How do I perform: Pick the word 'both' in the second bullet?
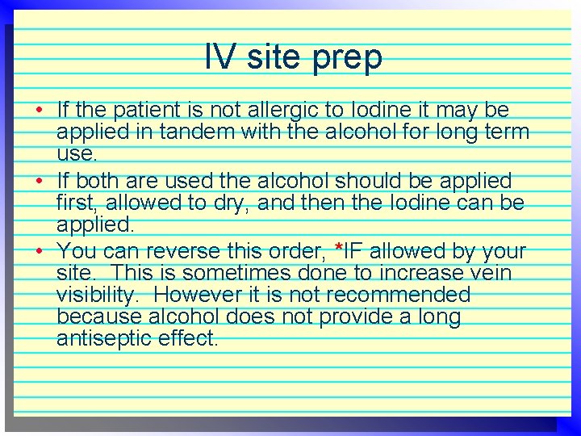point(101,180)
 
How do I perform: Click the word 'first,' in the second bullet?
point(82,203)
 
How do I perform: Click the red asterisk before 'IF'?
point(339,246)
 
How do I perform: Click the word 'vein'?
point(487,274)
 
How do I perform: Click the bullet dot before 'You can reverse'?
point(40,251)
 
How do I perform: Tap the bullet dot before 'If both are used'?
point(40,180)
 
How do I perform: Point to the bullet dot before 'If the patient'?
point(40,109)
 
